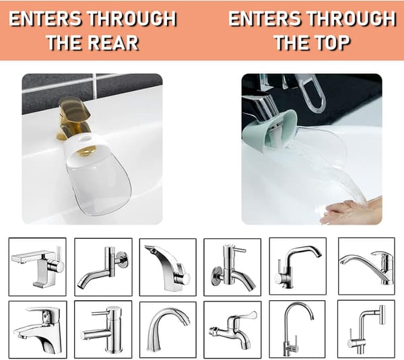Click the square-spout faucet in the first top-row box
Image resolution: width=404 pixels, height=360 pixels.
(38, 266)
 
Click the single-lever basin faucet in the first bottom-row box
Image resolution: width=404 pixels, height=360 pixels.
(38, 330)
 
